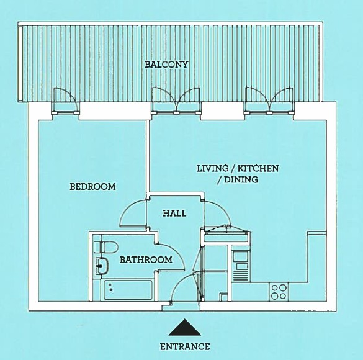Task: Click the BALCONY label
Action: tap(166, 65)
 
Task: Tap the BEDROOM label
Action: tap(92, 187)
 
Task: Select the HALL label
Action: tap(174, 214)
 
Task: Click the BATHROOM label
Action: tap(146, 259)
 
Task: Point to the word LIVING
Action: tap(212, 168)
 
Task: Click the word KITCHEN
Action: tap(258, 168)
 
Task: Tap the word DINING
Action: tap(241, 179)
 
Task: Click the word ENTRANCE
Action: tap(185, 346)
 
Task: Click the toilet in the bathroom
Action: tap(106, 247)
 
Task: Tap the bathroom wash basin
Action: tap(102, 266)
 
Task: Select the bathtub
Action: tap(128, 290)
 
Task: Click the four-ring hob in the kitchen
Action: tap(279, 292)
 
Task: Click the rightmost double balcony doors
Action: tap(269, 100)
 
